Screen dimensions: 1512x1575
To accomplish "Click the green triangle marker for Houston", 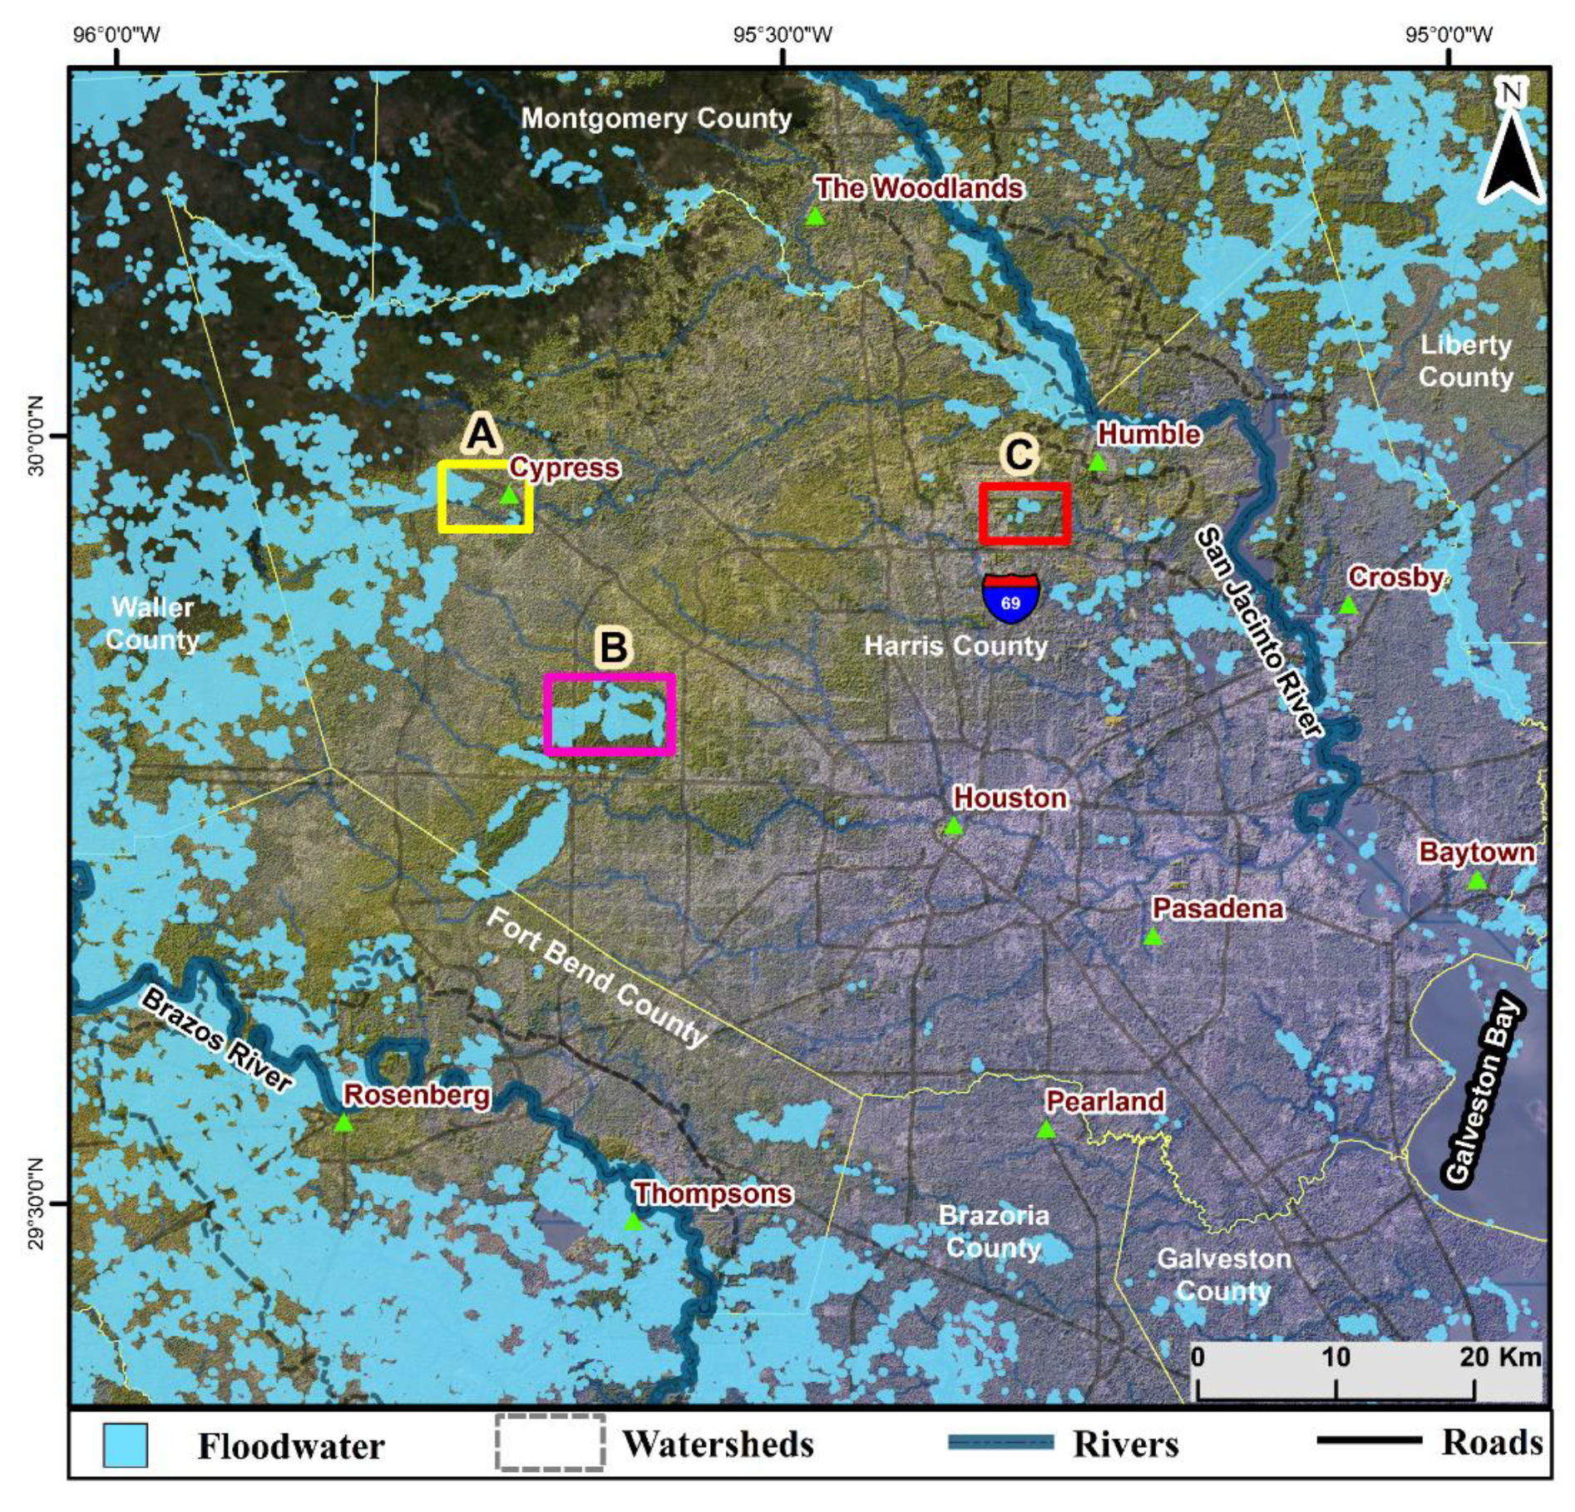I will [953, 826].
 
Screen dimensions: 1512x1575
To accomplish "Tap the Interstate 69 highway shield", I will [1010, 598].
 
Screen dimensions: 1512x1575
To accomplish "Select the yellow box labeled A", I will [486, 497].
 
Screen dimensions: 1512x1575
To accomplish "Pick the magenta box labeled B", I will [610, 714].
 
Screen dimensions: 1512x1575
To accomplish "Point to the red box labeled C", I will [1024, 513].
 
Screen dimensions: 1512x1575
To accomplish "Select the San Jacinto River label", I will [1258, 632].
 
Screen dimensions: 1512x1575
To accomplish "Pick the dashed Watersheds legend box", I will [550, 1443].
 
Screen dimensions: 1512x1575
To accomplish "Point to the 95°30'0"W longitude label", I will [783, 35].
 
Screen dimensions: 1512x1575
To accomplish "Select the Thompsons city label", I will [713, 1193].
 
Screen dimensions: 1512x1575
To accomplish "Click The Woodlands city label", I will [919, 189].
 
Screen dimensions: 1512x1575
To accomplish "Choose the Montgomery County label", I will [656, 118].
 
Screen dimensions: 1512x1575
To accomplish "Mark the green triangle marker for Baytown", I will [1476, 881].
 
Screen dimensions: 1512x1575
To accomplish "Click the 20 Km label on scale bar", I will [1500, 1357].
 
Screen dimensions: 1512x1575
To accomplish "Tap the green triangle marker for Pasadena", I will [1152, 937].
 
